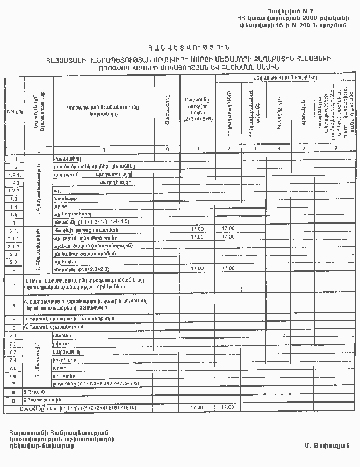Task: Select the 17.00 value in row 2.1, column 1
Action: click(x=197, y=229)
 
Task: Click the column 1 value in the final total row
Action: click(x=197, y=408)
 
